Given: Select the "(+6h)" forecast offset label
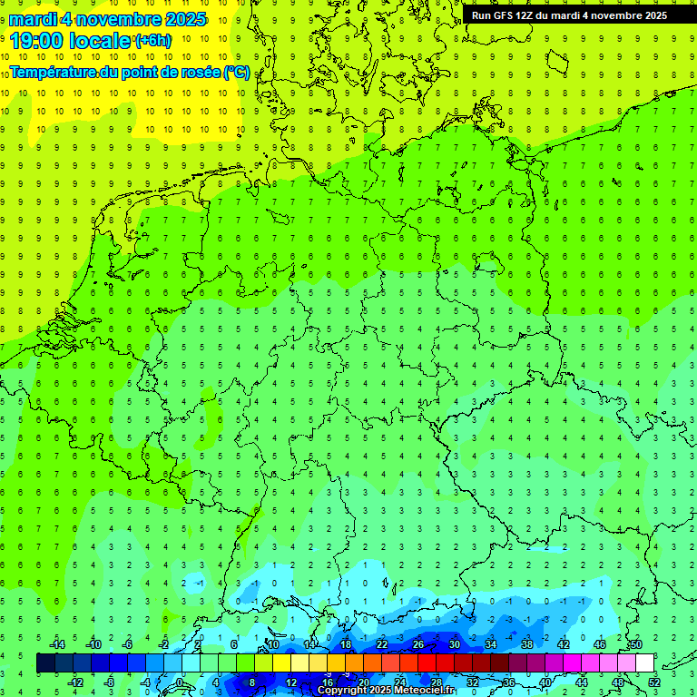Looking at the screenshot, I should click(152, 40).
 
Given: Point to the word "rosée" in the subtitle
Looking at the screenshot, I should click(200, 72).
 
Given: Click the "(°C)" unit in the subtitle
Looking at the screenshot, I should click(237, 72).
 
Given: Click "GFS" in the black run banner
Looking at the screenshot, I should click(504, 15).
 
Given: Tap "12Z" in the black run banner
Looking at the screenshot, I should click(528, 15).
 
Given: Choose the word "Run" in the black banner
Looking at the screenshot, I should click(482, 15).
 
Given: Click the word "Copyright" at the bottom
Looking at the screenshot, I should click(342, 691).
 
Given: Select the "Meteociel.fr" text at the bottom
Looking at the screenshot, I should click(425, 691).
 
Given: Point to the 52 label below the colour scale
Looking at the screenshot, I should click(654, 682).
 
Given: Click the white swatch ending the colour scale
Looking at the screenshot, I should click(644, 663).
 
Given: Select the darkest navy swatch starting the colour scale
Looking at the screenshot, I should click(45, 663).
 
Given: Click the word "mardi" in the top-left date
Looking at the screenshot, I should click(33, 19).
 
